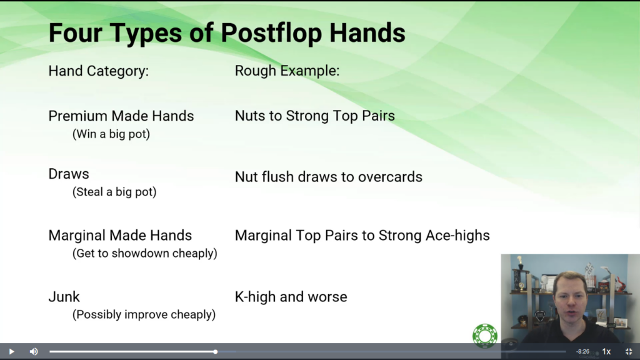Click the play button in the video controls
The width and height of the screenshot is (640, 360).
[x=11, y=351]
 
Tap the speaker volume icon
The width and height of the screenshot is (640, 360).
[x=34, y=351]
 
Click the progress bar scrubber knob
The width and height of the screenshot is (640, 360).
[x=215, y=351]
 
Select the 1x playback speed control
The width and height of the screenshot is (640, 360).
[x=606, y=351]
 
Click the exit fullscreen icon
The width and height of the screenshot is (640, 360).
[x=629, y=351]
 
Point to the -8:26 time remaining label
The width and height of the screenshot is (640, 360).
[x=583, y=351]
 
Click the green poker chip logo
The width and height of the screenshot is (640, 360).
[x=485, y=336]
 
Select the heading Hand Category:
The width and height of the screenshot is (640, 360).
[x=99, y=71]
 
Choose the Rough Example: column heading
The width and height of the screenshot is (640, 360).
[x=287, y=71]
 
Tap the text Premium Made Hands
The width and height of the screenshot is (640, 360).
[x=121, y=116]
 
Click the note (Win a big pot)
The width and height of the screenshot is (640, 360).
[x=111, y=134]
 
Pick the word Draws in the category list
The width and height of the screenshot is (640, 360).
[x=69, y=174]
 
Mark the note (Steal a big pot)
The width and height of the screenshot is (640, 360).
[x=114, y=192]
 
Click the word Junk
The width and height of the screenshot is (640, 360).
[x=64, y=297]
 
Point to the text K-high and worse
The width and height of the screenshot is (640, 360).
[x=291, y=297]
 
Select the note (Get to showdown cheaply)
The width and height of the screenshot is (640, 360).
[x=145, y=254]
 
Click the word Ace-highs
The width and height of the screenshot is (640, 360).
[x=457, y=236]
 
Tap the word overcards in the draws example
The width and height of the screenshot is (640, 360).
[x=390, y=177]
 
